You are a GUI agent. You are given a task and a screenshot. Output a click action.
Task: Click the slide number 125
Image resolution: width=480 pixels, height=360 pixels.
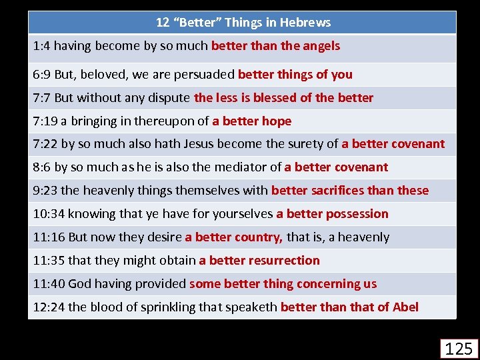[459, 349]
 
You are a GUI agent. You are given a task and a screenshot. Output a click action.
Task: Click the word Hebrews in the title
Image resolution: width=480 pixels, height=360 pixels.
[306, 23]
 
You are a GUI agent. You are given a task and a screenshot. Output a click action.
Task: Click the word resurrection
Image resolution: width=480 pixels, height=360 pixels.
[282, 261]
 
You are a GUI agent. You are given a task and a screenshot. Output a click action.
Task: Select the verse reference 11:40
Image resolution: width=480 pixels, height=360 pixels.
[49, 284]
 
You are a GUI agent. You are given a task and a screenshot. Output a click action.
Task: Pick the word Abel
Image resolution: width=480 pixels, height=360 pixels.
[405, 307]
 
